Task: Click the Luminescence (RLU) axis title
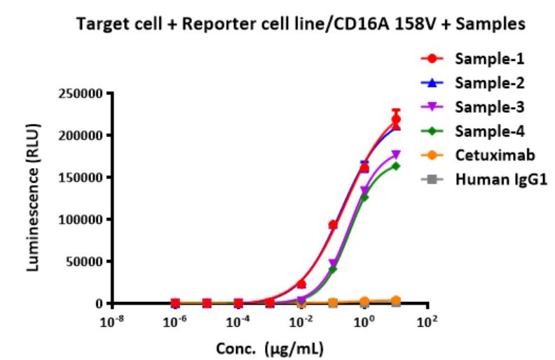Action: [x=36, y=198]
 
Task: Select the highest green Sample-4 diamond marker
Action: [x=396, y=166]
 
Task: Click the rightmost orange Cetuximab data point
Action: [x=396, y=300]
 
